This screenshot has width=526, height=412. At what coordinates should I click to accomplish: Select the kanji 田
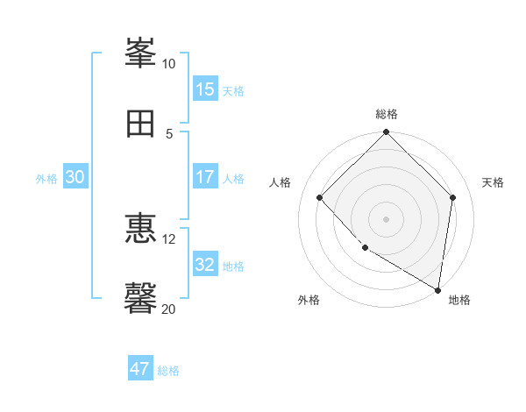141,124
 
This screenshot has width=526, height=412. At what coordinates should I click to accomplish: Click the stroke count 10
169,64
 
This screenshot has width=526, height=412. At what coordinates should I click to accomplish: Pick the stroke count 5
169,133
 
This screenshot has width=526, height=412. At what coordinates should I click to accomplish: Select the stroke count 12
169,238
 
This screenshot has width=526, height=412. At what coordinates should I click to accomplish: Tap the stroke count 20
169,308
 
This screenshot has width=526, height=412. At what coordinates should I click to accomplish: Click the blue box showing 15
205,89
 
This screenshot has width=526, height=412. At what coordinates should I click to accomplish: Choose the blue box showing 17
205,177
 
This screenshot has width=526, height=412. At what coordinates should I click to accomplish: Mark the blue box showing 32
205,265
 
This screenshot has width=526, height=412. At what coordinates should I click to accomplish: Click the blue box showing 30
75,177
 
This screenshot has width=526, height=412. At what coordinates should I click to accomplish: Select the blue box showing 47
140,369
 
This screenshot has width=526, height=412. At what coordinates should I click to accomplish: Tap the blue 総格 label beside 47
168,371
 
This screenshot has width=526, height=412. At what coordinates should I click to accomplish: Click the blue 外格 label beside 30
46,179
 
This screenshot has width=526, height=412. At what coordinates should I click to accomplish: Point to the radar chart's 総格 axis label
387,114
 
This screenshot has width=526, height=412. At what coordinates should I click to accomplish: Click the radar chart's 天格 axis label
494,182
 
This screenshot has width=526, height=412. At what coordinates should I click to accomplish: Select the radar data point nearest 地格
438,289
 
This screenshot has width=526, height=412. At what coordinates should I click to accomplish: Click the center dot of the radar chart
387,218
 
